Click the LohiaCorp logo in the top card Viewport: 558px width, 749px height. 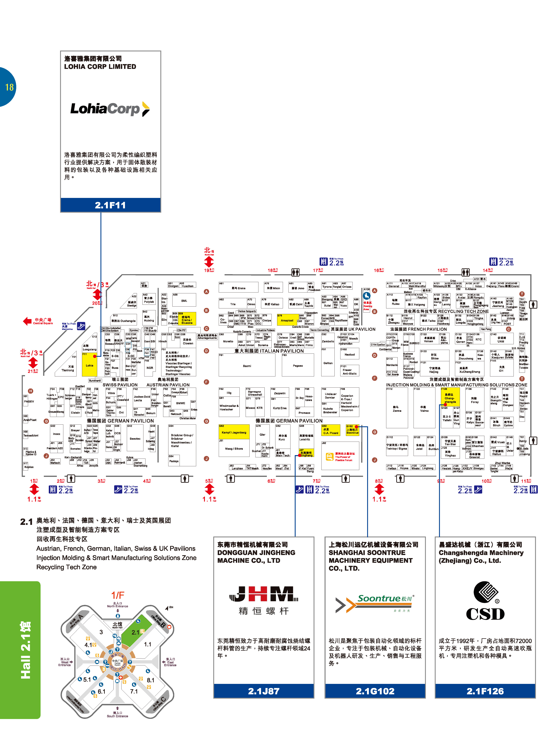pyautogui.click(x=110, y=109)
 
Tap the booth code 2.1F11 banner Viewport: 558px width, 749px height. pyautogui.click(x=110, y=205)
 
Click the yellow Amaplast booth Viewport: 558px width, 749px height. pyautogui.click(x=287, y=320)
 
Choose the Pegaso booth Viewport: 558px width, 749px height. pyautogui.click(x=298, y=366)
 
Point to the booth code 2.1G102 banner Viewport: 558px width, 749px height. pyautogui.click(x=375, y=691)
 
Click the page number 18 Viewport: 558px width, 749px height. pyautogui.click(x=9, y=87)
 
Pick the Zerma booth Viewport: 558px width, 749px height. pyautogui.click(x=397, y=409)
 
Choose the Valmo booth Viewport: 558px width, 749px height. pyautogui.click(x=424, y=409)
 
